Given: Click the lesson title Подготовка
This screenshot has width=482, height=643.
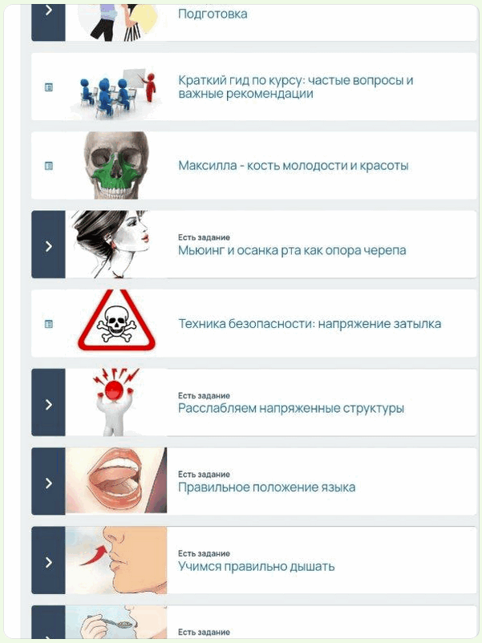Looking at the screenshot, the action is point(213,14).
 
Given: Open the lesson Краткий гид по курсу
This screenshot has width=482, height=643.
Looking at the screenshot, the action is point(295,87).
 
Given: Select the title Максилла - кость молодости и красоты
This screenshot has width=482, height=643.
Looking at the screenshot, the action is point(294,166).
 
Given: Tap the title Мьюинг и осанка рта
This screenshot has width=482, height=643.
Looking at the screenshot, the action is point(292,250).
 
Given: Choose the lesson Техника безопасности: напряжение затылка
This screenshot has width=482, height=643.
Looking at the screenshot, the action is point(310,324).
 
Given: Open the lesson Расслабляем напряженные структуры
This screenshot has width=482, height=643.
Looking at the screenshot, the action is point(291,408).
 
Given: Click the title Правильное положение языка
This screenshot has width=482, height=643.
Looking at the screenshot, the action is point(266,487).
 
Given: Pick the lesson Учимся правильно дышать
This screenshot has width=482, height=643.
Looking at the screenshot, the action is point(257,566).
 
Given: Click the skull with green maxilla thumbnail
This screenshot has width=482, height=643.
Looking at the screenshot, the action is point(116,165).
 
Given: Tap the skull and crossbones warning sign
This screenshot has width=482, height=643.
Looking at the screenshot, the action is point(116,322).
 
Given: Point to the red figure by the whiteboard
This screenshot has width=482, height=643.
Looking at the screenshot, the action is point(151,87).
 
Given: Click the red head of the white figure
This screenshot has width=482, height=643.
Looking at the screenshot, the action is point(114,390).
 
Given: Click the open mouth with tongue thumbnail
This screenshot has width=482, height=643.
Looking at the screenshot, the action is point(116,480).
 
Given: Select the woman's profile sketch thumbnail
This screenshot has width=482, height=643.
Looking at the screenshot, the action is point(111,245).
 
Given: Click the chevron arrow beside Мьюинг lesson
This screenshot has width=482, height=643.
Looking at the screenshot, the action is point(48,246).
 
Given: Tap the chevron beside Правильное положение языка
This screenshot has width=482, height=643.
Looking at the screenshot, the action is point(48,483).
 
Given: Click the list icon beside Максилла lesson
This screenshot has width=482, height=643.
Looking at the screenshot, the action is point(48,166).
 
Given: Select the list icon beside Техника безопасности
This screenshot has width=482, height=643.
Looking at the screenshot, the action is point(48,324).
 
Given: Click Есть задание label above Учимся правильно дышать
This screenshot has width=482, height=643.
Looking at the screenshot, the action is point(204,553).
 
